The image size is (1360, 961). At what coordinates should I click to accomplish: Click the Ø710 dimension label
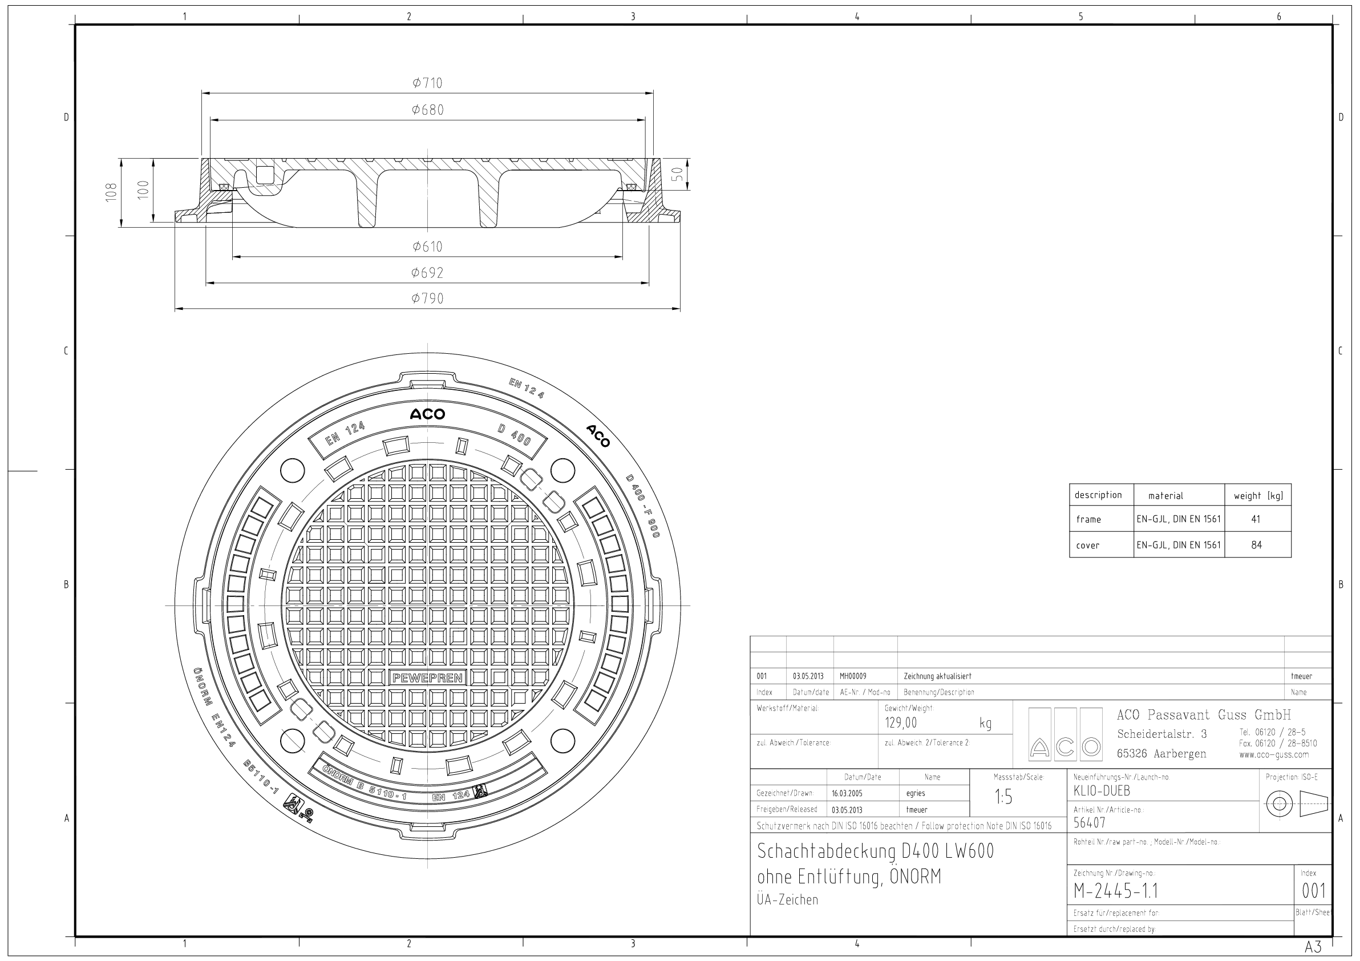click(427, 83)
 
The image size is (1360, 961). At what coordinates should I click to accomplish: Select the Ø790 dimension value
click(427, 298)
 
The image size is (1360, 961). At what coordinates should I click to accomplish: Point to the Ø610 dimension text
click(427, 247)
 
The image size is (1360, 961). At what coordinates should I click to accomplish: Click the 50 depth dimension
click(678, 173)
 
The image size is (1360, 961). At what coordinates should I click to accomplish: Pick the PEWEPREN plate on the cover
click(428, 678)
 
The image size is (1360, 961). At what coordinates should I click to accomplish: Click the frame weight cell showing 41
click(1255, 519)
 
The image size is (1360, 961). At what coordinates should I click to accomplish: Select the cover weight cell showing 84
click(1256, 544)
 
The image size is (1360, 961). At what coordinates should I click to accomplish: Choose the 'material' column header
click(1165, 496)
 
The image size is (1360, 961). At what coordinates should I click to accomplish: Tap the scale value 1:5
click(1003, 797)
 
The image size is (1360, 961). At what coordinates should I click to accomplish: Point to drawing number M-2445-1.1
click(1115, 890)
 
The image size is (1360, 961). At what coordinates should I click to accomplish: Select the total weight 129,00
click(900, 723)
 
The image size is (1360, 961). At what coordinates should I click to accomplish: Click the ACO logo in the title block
click(1065, 734)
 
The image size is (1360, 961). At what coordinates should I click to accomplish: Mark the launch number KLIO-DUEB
click(1101, 790)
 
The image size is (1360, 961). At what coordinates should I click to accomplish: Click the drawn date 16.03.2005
click(847, 793)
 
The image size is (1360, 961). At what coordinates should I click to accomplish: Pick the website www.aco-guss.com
click(1273, 755)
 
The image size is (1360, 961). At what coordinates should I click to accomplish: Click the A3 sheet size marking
click(1313, 946)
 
